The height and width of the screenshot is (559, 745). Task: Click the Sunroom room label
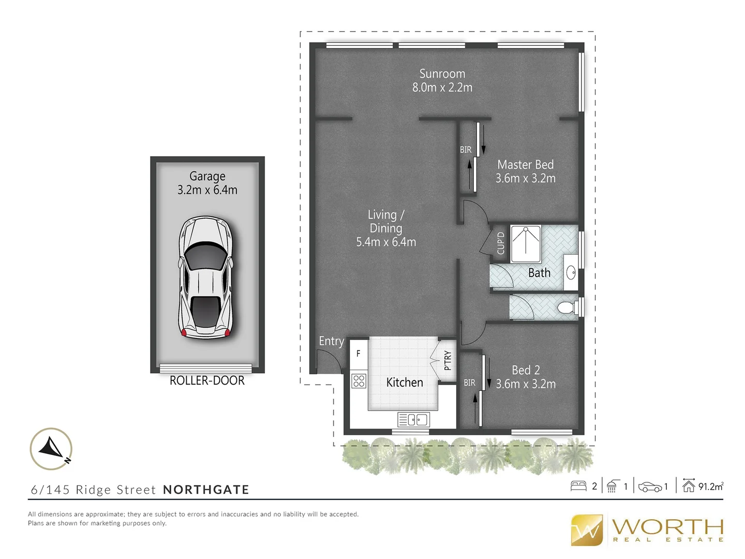pyautogui.click(x=442, y=74)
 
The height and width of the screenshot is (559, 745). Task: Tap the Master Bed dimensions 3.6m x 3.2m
pyautogui.click(x=525, y=179)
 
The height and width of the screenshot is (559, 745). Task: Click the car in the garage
pyautogui.click(x=206, y=277)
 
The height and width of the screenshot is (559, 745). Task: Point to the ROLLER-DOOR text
pyautogui.click(x=207, y=380)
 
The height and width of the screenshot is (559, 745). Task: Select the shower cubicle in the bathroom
pyautogui.click(x=526, y=244)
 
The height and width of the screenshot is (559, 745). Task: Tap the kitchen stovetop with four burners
pyautogui.click(x=359, y=381)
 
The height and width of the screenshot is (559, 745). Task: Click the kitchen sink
pyautogui.click(x=413, y=419)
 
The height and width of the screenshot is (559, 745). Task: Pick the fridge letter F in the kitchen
pyautogui.click(x=358, y=354)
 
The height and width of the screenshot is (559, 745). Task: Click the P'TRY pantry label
pyautogui.click(x=448, y=361)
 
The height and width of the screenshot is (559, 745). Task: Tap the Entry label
pyautogui.click(x=331, y=341)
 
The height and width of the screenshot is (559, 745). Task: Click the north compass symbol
pyautogui.click(x=51, y=449)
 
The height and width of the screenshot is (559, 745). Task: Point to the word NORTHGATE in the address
pyautogui.click(x=206, y=490)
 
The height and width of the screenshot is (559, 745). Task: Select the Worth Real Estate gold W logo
pyautogui.click(x=587, y=530)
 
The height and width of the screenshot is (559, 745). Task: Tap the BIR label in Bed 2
pyautogui.click(x=469, y=383)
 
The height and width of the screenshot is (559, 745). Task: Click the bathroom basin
pyautogui.click(x=571, y=272)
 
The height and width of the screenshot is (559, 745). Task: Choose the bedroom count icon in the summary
pyautogui.click(x=578, y=486)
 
